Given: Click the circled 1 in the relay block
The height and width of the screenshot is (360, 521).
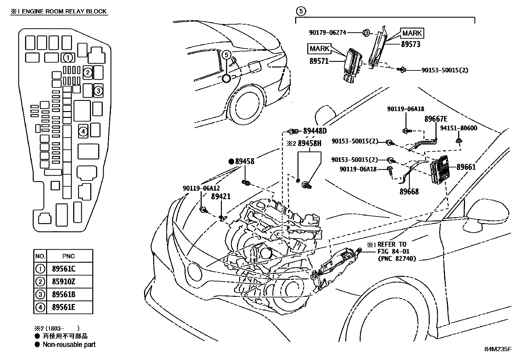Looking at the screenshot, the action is [x=68, y=58].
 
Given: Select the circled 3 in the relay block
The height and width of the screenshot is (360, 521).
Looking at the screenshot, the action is [x=98, y=91].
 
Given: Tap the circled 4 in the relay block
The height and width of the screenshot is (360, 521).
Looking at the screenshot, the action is [x=83, y=132].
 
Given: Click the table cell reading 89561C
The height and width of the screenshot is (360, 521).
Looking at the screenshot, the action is [x=64, y=269].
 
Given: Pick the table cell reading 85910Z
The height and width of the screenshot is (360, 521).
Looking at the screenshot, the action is [x=63, y=281].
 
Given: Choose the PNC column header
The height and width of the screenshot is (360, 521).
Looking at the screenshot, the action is [x=69, y=256].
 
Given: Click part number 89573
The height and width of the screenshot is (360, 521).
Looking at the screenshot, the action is [x=411, y=44].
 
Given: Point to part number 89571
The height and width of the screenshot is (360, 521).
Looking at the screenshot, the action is [x=319, y=61].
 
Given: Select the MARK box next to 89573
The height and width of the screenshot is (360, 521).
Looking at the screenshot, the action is [x=412, y=33].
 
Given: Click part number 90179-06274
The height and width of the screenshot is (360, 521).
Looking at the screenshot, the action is [x=328, y=33].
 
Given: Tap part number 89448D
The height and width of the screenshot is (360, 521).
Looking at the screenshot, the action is [x=315, y=131].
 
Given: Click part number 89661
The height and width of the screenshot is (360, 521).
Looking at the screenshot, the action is [x=466, y=167].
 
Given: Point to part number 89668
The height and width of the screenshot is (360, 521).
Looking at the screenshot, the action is [x=409, y=192].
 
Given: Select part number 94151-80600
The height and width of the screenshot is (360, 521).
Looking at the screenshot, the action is [x=458, y=128].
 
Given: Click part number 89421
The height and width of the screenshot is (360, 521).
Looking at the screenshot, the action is [x=221, y=197].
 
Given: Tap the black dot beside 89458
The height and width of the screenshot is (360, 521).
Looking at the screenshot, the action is [x=231, y=161].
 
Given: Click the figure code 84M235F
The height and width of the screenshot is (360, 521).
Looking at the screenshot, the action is [x=498, y=349].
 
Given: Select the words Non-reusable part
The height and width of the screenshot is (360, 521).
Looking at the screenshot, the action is [x=69, y=345].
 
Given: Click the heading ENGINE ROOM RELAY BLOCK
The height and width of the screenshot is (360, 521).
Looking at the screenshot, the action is [x=64, y=11].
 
